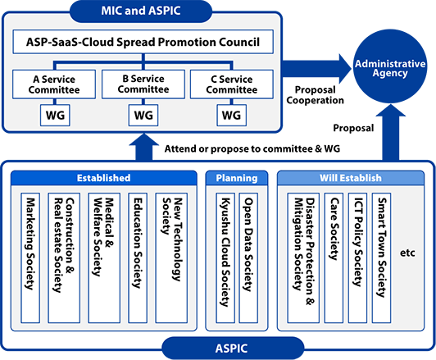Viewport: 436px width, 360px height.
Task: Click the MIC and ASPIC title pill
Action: click(141, 11)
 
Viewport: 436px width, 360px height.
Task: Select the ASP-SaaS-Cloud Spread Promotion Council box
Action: click(143, 42)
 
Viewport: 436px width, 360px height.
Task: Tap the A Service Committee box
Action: click(54, 84)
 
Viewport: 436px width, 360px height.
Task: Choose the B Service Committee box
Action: click(143, 84)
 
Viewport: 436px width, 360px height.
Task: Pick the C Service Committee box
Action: click(232, 84)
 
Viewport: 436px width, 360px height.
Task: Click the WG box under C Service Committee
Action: click(231, 115)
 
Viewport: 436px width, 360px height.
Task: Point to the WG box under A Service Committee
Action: click(55, 115)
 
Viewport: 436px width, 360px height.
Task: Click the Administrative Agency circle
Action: click(390, 66)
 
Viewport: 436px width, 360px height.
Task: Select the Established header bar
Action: click(104, 178)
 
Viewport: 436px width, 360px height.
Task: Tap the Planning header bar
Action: click(237, 178)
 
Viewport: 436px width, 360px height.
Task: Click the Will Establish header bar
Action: click(351, 178)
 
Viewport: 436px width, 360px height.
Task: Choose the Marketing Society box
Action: click(30, 257)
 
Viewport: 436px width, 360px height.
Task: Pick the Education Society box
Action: click(138, 257)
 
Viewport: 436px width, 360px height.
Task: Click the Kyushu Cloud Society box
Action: click(225, 257)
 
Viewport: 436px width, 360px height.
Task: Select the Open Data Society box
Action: click(248, 257)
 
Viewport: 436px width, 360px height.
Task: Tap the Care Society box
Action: click(334, 257)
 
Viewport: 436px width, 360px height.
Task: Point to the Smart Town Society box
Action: click(382, 257)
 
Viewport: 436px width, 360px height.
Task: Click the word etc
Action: click(407, 253)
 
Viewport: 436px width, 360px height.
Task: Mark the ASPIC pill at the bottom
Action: click(233, 349)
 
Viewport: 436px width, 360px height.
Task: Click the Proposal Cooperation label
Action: click(315, 95)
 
